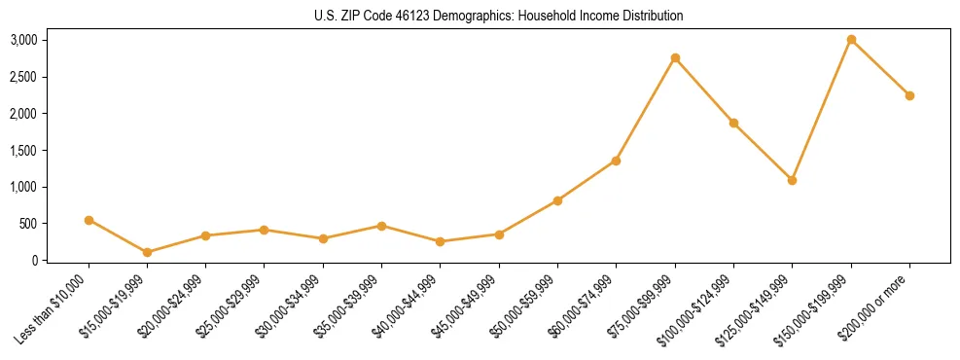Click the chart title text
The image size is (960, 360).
[499, 16]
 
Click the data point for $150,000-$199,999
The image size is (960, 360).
[851, 40]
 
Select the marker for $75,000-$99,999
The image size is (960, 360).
[675, 58]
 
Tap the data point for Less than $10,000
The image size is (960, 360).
[89, 220]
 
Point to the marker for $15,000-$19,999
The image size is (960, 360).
[147, 252]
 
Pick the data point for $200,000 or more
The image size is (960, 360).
[909, 95]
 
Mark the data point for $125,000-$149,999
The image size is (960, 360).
[792, 180]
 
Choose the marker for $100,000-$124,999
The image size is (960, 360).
[733, 123]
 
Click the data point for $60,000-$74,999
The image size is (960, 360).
[616, 161]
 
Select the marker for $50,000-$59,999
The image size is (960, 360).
[557, 200]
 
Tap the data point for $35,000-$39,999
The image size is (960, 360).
[381, 226]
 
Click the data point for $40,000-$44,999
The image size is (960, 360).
[440, 241]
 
